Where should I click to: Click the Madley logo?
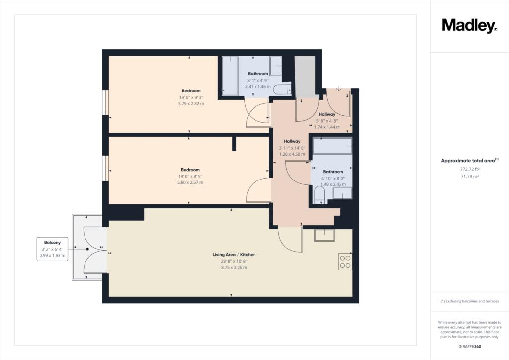pyautogui.click(x=469, y=26)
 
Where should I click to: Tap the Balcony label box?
pyautogui.click(x=52, y=249)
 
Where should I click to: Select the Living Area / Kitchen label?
pyautogui.click(x=234, y=255)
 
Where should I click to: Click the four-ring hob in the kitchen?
pyautogui.click(x=345, y=262)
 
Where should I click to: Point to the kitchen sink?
pyautogui.click(x=324, y=235)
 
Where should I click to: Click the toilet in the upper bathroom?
pyautogui.click(x=282, y=90)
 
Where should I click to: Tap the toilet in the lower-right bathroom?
pyautogui.click(x=320, y=195)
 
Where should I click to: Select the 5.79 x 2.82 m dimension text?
pyautogui.click(x=191, y=104)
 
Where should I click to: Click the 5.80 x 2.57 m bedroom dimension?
pyautogui.click(x=190, y=182)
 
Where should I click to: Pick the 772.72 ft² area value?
pyautogui.click(x=470, y=169)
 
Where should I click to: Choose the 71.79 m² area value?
pyautogui.click(x=470, y=176)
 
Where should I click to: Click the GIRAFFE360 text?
pyautogui.click(x=470, y=347)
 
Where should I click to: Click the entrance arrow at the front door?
pyautogui.click(x=339, y=89)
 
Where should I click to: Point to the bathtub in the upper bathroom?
pyautogui.click(x=230, y=76)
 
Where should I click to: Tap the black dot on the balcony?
pyautogui.click(x=87, y=249)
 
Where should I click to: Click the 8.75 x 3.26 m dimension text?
pyautogui.click(x=234, y=267)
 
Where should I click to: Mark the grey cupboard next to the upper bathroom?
pyautogui.click(x=305, y=76)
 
